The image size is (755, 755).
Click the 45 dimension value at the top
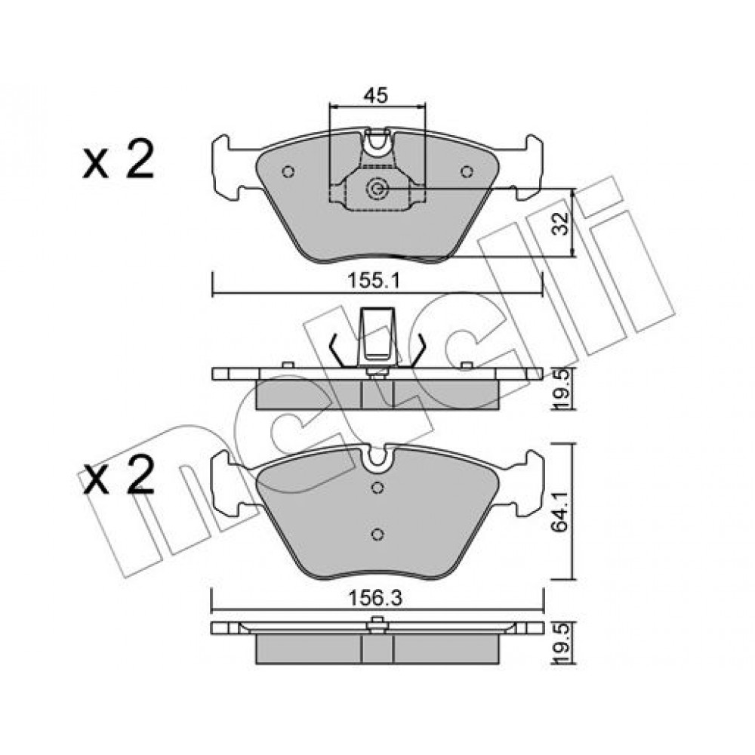point(375,95)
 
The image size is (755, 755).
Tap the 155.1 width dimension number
point(374,281)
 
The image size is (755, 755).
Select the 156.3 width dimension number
point(375,599)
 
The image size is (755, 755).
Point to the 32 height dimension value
point(560,223)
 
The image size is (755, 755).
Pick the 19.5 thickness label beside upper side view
point(562,390)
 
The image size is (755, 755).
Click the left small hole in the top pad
point(288,171)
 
